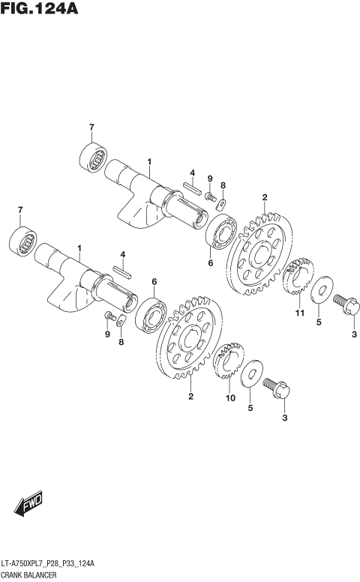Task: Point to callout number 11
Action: (x=298, y=313)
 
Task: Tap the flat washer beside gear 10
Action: (x=255, y=374)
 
